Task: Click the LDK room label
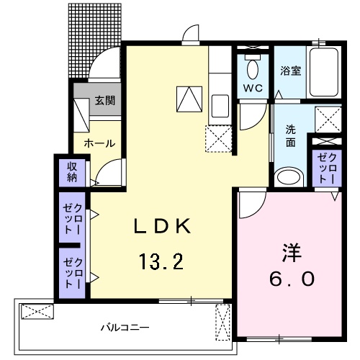point(163,226)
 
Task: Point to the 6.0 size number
point(292,279)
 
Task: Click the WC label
point(252,88)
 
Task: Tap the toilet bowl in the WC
point(252,69)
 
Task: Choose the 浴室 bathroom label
point(290,71)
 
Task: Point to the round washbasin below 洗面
point(289,177)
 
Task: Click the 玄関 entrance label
point(104,101)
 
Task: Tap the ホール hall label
point(99,143)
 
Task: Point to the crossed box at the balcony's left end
point(37,311)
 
